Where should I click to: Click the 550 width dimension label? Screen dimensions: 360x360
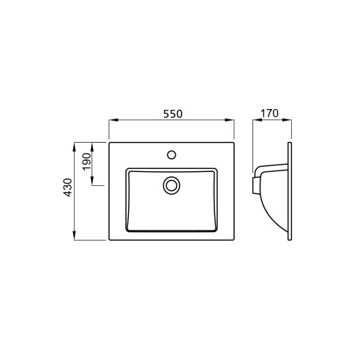[173, 114]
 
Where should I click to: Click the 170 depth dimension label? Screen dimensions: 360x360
[269, 113]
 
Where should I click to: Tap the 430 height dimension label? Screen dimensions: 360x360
[68, 187]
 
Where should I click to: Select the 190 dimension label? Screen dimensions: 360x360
[87, 162]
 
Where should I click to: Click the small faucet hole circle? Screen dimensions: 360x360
[172, 154]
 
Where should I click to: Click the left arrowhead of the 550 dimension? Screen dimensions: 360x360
[113, 120]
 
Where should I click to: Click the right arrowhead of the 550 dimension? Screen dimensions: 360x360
[230, 120]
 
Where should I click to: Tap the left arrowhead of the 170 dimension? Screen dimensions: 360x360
[258, 120]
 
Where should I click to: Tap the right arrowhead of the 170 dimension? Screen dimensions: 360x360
[287, 120]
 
